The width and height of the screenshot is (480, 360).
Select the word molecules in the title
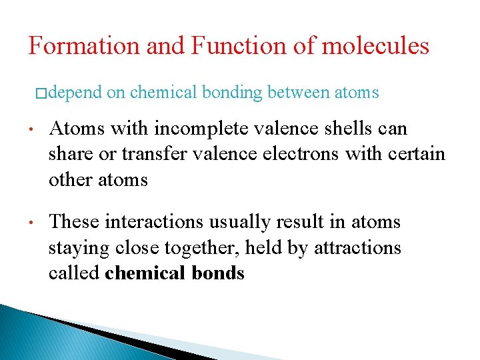tap(375, 46)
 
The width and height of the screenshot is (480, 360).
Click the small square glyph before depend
tap(41, 93)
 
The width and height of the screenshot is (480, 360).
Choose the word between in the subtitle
tap(299, 93)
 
